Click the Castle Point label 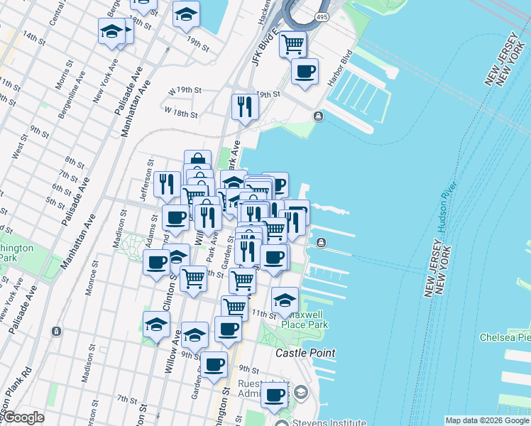click(x=305, y=353)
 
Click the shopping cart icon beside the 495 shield click(x=292, y=44)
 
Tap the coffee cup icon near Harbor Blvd click(x=305, y=71)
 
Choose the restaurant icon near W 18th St click(x=244, y=106)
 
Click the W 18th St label click(x=180, y=111)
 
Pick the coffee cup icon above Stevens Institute click(x=274, y=395)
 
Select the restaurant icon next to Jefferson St click(x=167, y=184)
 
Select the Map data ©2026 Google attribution click(x=487, y=420)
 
